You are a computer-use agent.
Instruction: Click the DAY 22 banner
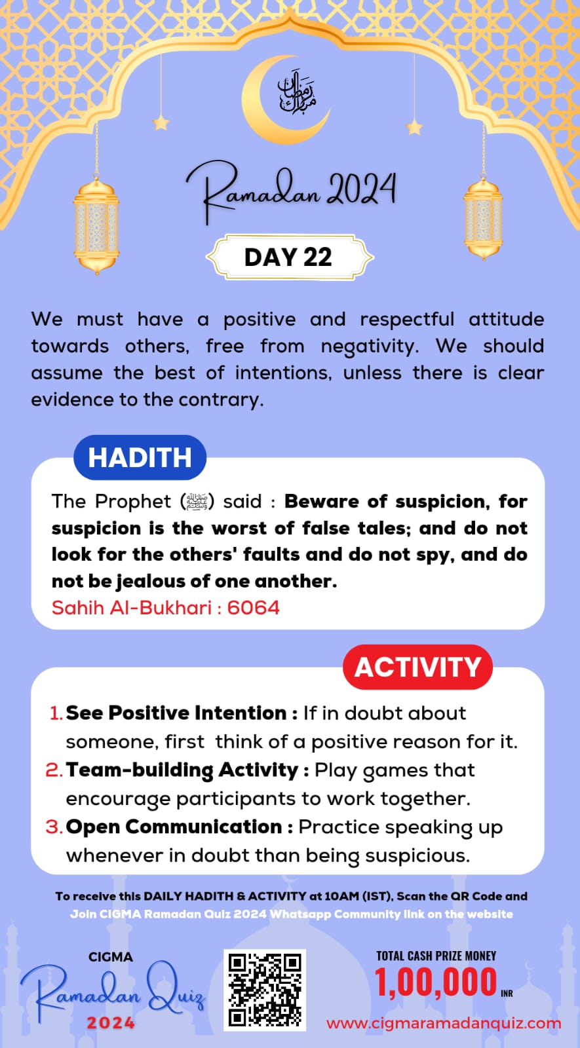click(x=289, y=257)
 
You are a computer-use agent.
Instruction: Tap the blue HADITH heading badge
click(x=140, y=457)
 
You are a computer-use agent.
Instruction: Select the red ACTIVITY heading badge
click(x=417, y=667)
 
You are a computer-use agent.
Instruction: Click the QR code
click(x=265, y=990)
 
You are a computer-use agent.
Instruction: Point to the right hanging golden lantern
click(x=483, y=219)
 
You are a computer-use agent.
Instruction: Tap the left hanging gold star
click(x=161, y=122)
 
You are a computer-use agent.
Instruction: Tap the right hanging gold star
click(x=414, y=126)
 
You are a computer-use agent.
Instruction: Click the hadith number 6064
click(x=253, y=608)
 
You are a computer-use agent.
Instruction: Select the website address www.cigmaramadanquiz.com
click(x=444, y=1023)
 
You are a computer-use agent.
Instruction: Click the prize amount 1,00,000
click(x=436, y=982)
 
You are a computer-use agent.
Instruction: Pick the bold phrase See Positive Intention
click(x=176, y=713)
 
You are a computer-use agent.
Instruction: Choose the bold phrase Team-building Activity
click(x=182, y=770)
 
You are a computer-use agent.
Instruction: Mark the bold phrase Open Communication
click(x=174, y=827)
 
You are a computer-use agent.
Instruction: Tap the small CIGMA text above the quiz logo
click(x=111, y=957)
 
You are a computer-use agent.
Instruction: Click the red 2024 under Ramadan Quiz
click(x=111, y=1023)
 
